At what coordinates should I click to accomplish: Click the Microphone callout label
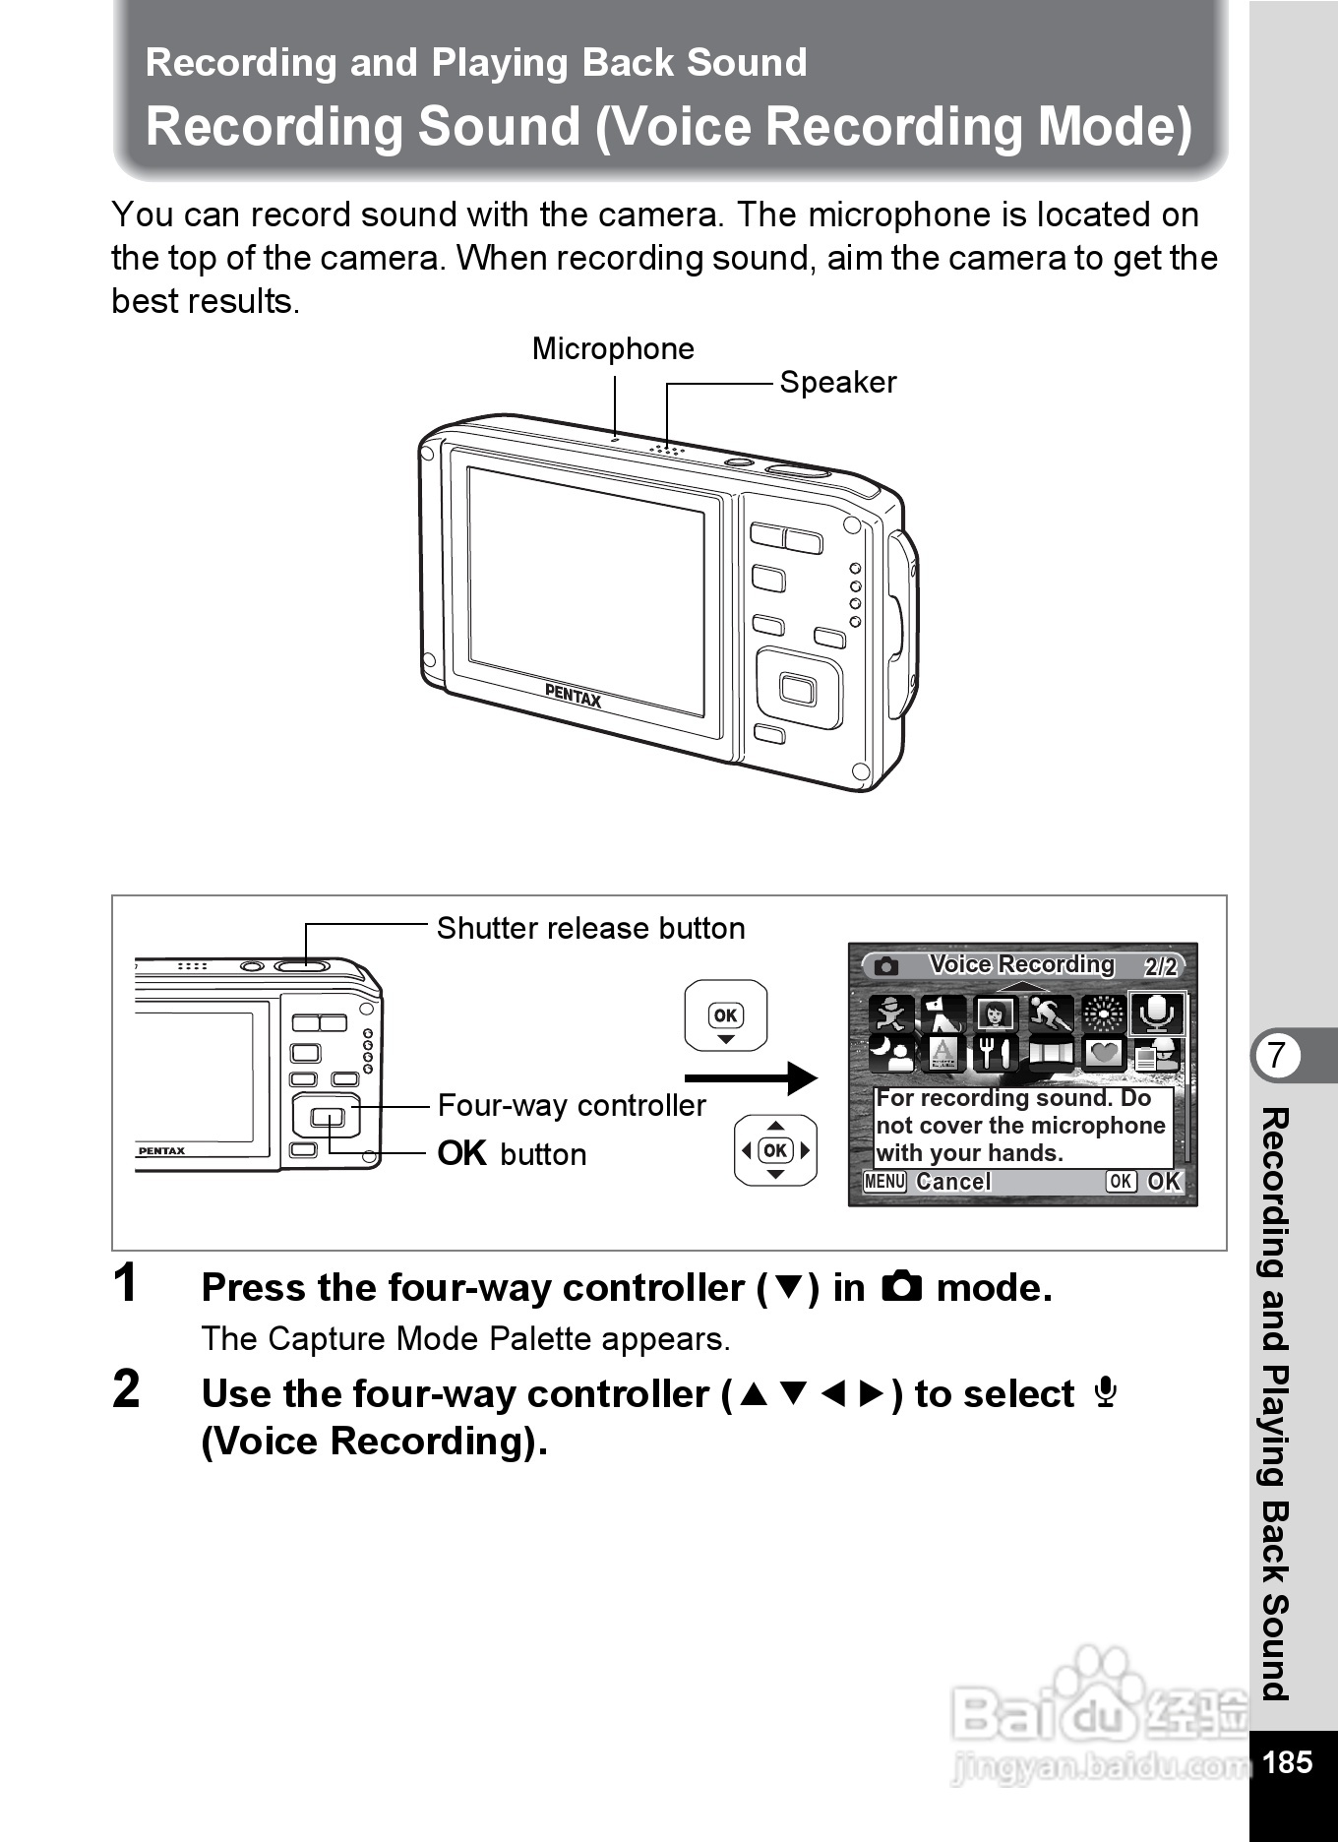pyautogui.click(x=613, y=349)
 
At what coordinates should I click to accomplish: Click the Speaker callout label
pyautogui.click(x=837, y=383)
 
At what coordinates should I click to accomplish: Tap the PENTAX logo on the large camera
pyautogui.click(x=573, y=697)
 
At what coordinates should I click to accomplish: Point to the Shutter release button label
pyautogui.click(x=590, y=929)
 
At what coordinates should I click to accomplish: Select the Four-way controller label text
pyautogui.click(x=572, y=1106)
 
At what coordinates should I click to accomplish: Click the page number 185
pyautogui.click(x=1287, y=1762)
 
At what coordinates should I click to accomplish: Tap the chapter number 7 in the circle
pyautogui.click(x=1277, y=1055)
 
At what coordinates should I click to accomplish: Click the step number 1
pyautogui.click(x=125, y=1284)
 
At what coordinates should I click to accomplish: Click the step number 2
pyautogui.click(x=126, y=1390)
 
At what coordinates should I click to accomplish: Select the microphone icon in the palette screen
pyautogui.click(x=1156, y=1013)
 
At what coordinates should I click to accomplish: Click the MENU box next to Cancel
pyautogui.click(x=884, y=1182)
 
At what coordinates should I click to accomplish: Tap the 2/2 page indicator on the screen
pyautogui.click(x=1161, y=966)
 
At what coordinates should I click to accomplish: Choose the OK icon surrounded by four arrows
pyautogui.click(x=775, y=1150)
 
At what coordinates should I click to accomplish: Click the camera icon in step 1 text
pyautogui.click(x=901, y=1287)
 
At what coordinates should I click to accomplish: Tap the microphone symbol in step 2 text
pyautogui.click(x=1106, y=1392)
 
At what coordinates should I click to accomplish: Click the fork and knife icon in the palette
pyautogui.click(x=995, y=1053)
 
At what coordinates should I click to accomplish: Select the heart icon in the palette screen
pyautogui.click(x=1104, y=1053)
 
